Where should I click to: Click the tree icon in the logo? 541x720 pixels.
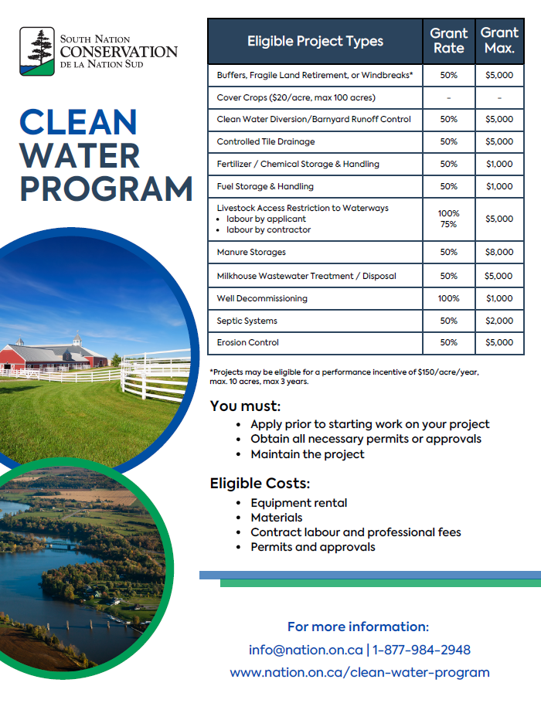point(37,51)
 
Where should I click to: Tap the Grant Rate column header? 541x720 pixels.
point(448,41)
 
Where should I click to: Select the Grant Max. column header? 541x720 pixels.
point(499,41)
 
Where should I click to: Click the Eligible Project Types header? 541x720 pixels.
point(315,42)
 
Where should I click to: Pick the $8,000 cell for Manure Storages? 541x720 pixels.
point(499,253)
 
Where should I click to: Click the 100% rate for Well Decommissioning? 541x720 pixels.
point(448,298)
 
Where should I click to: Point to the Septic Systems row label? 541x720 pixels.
point(247,321)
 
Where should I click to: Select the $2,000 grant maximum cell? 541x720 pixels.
point(499,321)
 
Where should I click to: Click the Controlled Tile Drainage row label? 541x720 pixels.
point(266,142)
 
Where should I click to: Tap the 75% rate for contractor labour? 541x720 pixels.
point(448,225)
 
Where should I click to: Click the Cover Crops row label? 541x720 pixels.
point(296,98)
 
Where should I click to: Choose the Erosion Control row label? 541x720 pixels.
point(248,342)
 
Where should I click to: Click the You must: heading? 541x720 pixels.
point(245,406)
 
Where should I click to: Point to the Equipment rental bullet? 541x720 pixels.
point(298,503)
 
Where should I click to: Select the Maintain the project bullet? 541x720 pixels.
point(307,454)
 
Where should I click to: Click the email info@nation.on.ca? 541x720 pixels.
point(305,650)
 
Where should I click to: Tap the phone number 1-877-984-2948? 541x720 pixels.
point(421,650)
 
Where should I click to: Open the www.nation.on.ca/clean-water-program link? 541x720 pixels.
point(359,672)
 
